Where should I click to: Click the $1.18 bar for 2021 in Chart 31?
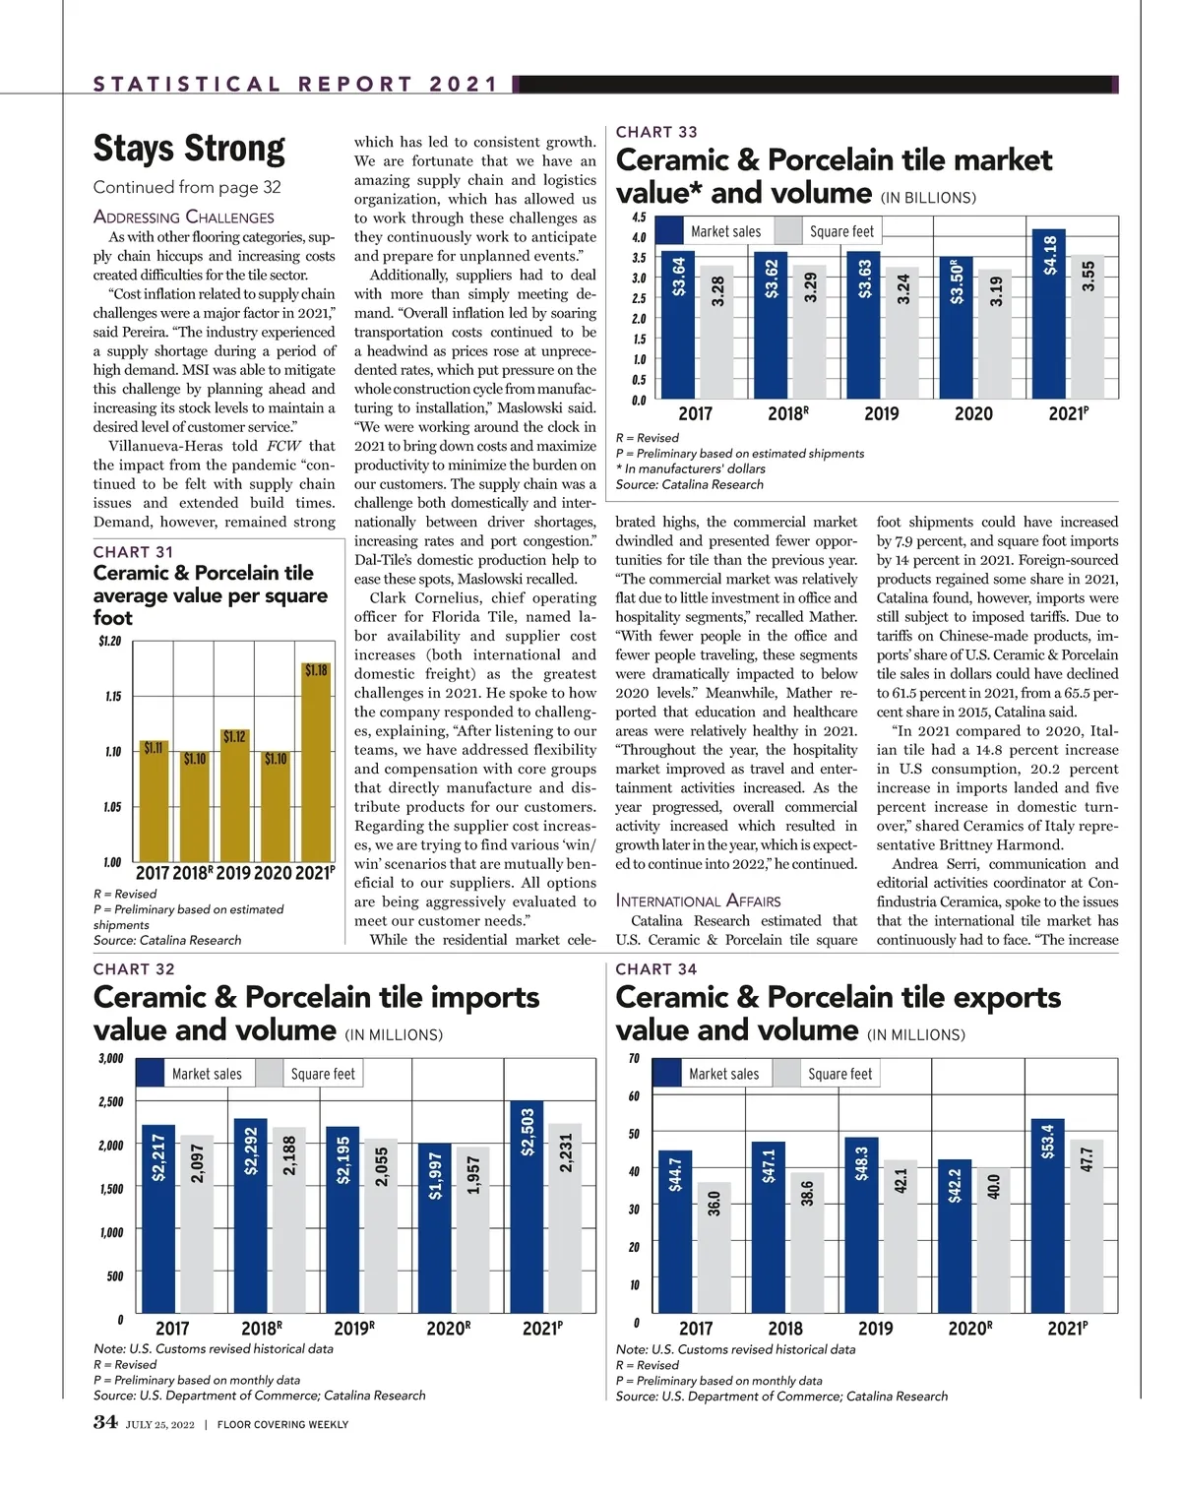[x=316, y=763]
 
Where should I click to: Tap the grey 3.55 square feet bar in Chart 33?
[x=1087, y=328]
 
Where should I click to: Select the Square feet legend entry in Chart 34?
[x=827, y=1074]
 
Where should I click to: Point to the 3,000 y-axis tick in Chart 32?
[x=110, y=1059]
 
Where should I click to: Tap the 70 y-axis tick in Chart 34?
[x=634, y=1059]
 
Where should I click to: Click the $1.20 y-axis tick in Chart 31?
[x=109, y=642]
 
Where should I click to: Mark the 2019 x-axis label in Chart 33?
[x=881, y=414]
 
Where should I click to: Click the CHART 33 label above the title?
[x=656, y=132]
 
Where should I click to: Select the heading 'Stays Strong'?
[x=189, y=149]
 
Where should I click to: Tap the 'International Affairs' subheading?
[x=698, y=901]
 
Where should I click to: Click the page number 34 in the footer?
[x=105, y=1422]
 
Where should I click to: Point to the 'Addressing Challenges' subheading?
[x=184, y=217]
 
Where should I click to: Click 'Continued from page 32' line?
[x=187, y=187]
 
